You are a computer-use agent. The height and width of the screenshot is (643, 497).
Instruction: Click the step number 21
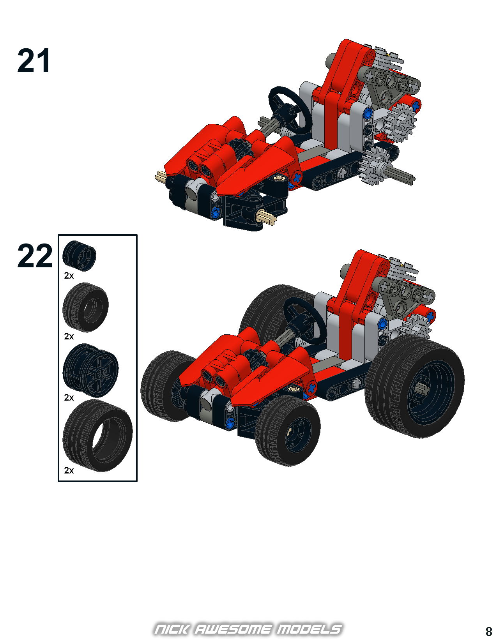pos(34,60)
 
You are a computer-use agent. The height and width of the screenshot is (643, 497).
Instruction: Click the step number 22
pos(35,256)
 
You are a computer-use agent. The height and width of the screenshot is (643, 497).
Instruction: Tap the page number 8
pos(489,631)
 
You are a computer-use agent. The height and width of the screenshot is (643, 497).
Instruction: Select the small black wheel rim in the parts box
pos(79,256)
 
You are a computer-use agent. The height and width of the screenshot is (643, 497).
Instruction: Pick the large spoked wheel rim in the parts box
pos(90,370)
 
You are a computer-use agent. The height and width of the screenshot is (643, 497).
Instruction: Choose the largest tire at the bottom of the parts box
pos(97,436)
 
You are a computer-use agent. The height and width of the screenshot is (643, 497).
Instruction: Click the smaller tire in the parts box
pos(85,307)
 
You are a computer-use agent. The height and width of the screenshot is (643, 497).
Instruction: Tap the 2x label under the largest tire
pos(69,470)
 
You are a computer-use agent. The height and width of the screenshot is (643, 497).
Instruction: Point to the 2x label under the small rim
pos(69,276)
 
